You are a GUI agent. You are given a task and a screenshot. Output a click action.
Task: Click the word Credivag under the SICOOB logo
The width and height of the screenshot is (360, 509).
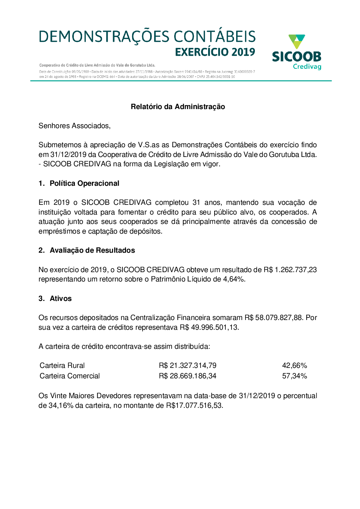click(x=307, y=67)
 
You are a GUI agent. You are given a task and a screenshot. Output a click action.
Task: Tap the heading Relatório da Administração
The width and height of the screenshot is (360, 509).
click(x=178, y=107)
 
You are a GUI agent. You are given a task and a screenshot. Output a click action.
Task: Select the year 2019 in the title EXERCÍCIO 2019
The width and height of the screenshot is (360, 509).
click(x=243, y=52)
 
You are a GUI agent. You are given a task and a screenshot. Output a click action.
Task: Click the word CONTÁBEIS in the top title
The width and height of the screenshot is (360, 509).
click(x=215, y=37)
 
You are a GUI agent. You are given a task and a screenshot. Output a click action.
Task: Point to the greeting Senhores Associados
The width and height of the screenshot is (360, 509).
click(x=75, y=126)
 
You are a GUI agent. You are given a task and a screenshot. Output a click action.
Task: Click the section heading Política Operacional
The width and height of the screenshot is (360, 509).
click(x=84, y=183)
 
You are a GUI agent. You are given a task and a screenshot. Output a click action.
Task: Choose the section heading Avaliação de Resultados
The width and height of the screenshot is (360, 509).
click(x=92, y=250)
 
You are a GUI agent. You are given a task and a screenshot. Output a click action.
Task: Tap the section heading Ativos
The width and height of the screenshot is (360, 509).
click(x=60, y=298)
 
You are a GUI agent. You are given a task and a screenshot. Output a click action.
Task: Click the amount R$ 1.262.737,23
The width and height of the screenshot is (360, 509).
click(x=290, y=270)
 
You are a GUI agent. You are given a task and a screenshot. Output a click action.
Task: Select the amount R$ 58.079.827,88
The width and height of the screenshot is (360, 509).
click(x=274, y=317)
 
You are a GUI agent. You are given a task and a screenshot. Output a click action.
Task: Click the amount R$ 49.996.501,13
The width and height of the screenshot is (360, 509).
click(x=209, y=327)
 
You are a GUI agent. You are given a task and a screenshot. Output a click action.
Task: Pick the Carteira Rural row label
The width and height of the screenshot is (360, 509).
click(x=62, y=365)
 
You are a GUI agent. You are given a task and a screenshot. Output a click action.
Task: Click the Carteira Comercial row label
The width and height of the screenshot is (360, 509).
click(x=70, y=376)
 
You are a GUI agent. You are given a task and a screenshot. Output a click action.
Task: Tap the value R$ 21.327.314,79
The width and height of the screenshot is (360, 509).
click(x=188, y=365)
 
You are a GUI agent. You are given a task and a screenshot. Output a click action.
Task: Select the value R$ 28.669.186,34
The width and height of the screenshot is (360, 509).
click(x=188, y=376)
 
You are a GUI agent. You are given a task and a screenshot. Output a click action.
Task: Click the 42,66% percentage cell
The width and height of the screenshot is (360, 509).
click(x=294, y=365)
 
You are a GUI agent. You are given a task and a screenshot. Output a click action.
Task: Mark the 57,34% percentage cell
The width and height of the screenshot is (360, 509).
click(x=294, y=376)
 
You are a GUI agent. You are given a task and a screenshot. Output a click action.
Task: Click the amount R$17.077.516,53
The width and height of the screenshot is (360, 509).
click(x=194, y=405)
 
